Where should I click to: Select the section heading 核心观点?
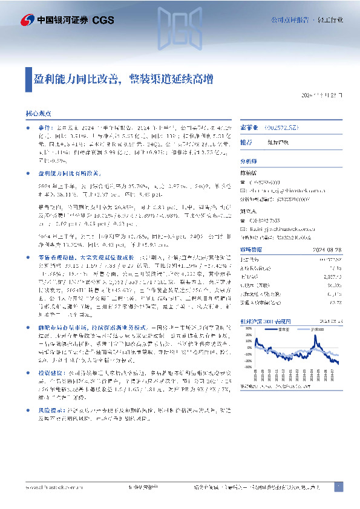click(x=38, y=113)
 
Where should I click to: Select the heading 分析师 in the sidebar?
click(x=249, y=162)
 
